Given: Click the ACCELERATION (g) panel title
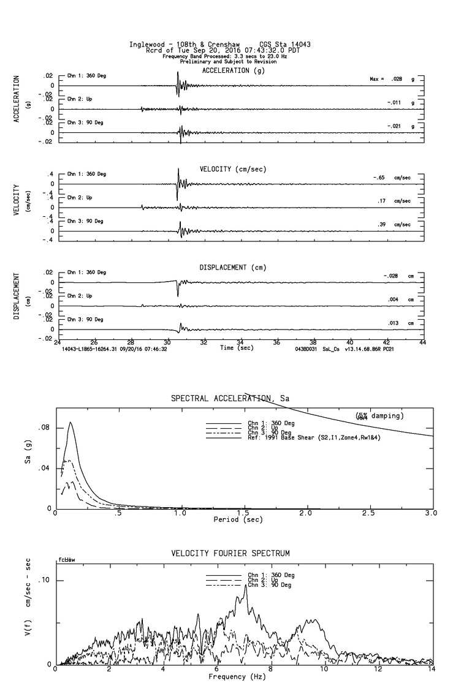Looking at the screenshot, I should click(234, 71).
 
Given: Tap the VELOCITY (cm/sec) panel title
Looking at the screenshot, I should click(234, 169).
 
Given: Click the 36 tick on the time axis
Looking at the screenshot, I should click(276, 343).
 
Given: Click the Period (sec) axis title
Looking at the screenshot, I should click(238, 519).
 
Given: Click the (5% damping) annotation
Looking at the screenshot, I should click(379, 416).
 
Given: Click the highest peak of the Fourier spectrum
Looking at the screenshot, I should click(246, 585).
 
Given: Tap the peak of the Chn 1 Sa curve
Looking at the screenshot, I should click(70, 422).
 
